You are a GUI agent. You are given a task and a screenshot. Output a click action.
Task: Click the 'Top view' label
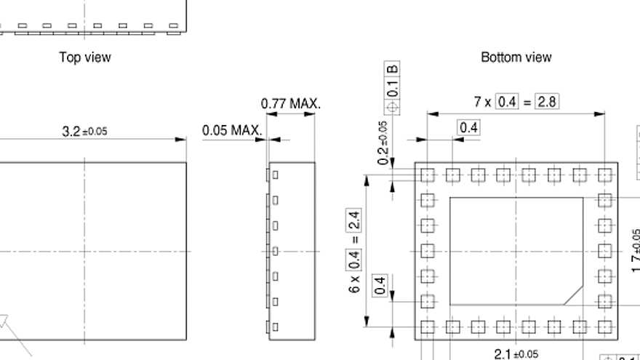pyautogui.click(x=85, y=57)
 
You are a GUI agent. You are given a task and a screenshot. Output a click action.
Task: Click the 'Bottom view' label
pyautogui.click(x=516, y=57)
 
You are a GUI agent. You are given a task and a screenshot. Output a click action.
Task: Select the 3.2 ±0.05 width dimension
pyautogui.click(x=84, y=132)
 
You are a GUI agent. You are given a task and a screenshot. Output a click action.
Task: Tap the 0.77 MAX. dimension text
pyautogui.click(x=290, y=104)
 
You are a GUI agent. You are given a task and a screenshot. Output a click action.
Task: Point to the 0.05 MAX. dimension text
pyautogui.click(x=231, y=131)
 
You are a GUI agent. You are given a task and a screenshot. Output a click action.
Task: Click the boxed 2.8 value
pyautogui.click(x=546, y=102)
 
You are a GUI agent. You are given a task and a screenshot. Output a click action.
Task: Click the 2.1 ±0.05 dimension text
pyautogui.click(x=516, y=353)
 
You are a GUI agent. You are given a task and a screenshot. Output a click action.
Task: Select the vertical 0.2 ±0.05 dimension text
pyautogui.click(x=383, y=143)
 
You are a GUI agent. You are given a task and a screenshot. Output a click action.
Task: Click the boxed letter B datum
pyautogui.click(x=393, y=70)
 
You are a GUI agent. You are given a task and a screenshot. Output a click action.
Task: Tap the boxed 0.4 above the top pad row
pyautogui.click(x=469, y=128)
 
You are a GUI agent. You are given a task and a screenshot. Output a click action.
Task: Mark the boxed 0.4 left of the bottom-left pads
pyautogui.click(x=380, y=285)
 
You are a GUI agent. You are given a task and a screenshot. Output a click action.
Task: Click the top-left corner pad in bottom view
pyautogui.click(x=427, y=175)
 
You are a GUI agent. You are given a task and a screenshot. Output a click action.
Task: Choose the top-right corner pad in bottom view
pyautogui.click(x=604, y=175)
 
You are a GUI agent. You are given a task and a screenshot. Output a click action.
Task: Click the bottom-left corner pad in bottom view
pyautogui.click(x=427, y=327)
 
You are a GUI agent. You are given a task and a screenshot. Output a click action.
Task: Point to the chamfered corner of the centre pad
pyautogui.click(x=575, y=294)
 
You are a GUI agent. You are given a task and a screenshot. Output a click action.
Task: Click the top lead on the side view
pyautogui.click(x=275, y=175)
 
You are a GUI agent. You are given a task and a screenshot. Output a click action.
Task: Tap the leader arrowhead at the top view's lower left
pyautogui.click(x=3, y=320)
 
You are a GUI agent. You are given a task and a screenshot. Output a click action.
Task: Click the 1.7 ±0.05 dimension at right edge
pyautogui.click(x=635, y=251)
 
